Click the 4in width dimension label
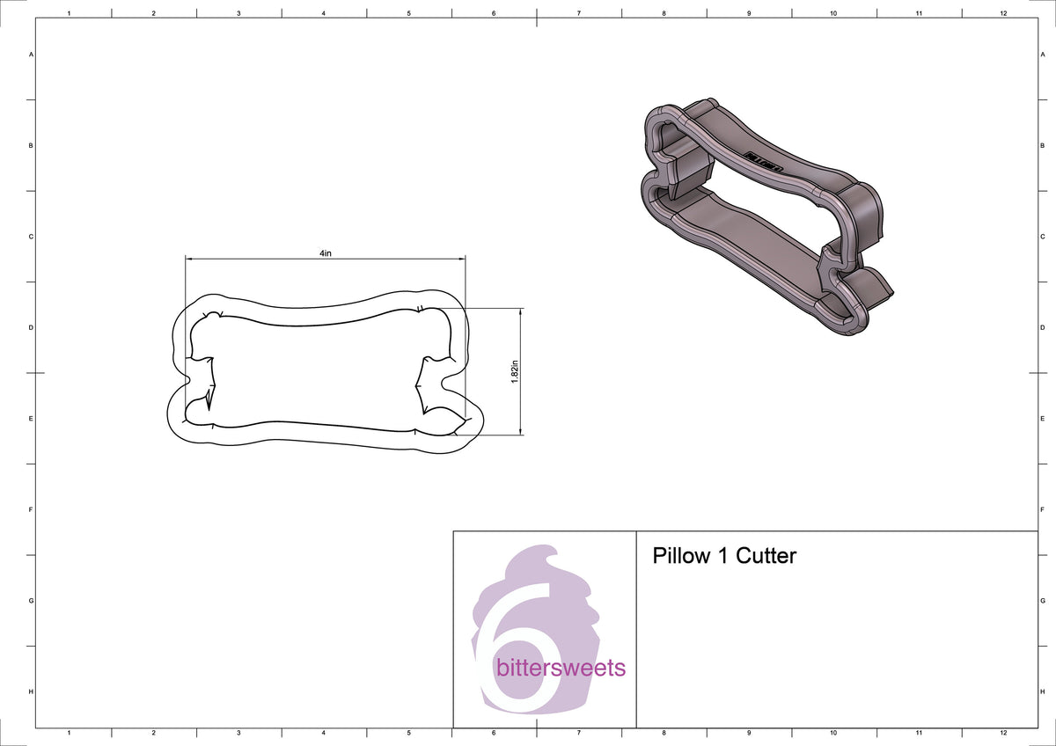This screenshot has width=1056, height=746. (326, 253)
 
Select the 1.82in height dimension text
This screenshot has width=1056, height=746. (515, 372)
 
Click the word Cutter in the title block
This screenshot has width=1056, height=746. (766, 556)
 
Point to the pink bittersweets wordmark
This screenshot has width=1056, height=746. (561, 668)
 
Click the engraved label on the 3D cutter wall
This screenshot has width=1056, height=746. (764, 161)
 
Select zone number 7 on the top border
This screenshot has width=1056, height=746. (578, 14)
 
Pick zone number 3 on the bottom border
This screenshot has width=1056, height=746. (238, 732)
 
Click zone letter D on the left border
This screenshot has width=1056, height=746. (32, 327)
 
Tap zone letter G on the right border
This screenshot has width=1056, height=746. (1042, 601)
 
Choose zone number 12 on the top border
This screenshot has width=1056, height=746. (1003, 14)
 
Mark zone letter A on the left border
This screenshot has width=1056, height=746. (32, 55)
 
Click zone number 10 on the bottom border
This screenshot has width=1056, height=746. (833, 732)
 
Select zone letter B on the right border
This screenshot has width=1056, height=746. (1042, 145)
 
